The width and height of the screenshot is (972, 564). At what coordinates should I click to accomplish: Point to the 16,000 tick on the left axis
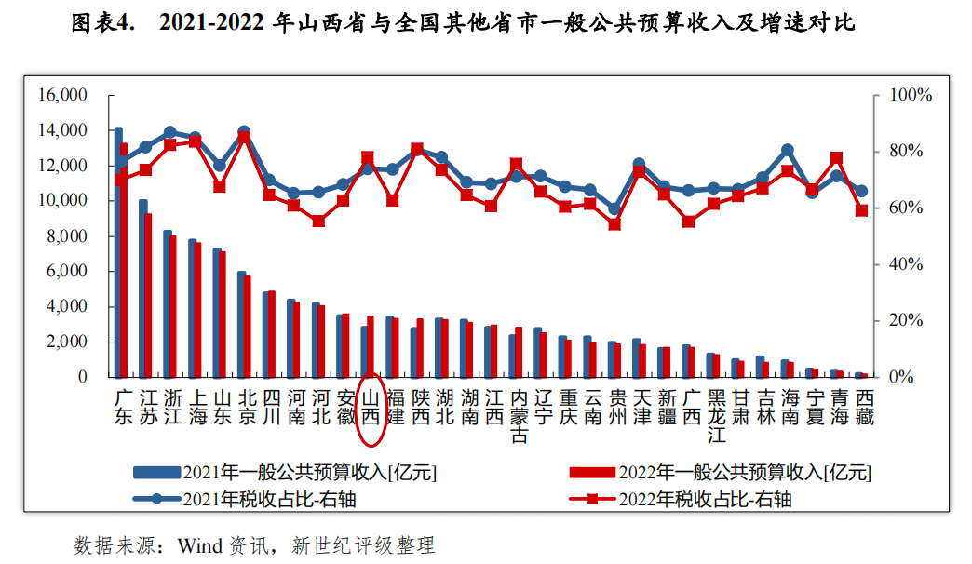tap(62, 95)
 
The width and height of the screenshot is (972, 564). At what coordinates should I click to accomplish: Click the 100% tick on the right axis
tap(911, 95)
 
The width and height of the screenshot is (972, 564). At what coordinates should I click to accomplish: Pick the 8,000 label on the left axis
tap(66, 236)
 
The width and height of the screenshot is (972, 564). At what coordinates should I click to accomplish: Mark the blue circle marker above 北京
tap(244, 132)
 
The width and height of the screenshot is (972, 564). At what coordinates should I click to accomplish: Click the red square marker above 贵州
tap(614, 224)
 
